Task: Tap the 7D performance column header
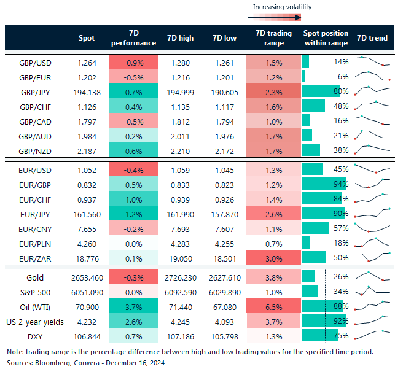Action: pos(133,37)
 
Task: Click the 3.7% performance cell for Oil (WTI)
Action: pos(133,306)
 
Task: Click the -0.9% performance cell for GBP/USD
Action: pos(133,62)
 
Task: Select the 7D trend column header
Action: pos(372,37)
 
